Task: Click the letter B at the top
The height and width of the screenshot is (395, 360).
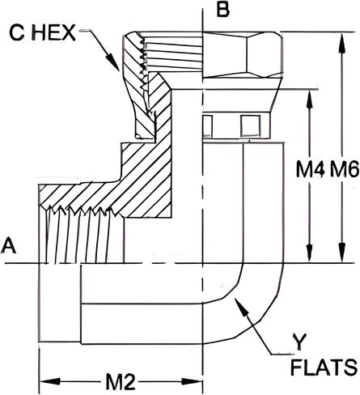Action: pos(223,11)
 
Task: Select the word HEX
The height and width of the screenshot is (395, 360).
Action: pos(53,33)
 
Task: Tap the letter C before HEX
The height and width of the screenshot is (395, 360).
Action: pos(17,33)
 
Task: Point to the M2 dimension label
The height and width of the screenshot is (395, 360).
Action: pos(120,382)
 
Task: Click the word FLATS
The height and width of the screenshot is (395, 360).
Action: pos(324,367)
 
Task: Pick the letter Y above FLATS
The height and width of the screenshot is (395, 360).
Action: pos(299,342)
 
